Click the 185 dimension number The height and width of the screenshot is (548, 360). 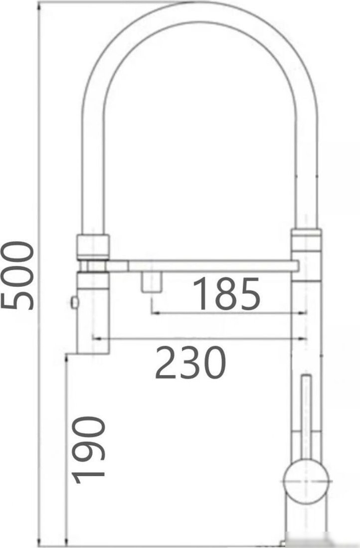click(x=227, y=293)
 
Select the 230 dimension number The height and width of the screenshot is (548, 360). click(x=190, y=362)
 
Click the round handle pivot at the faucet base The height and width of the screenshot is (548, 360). click(x=305, y=481)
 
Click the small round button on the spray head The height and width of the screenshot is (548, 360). click(x=75, y=302)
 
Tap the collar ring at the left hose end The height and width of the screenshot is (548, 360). click(x=93, y=246)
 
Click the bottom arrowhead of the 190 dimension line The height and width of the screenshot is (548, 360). click(x=67, y=544)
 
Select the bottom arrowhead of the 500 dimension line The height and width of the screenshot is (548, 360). click(x=39, y=544)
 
